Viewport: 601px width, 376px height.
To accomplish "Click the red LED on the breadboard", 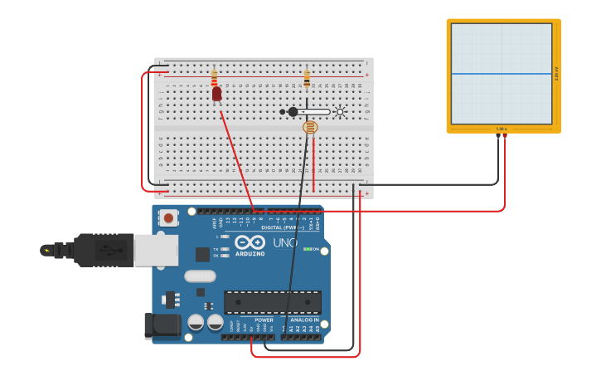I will tap(216, 94).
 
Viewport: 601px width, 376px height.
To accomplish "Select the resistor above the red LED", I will tap(215, 78).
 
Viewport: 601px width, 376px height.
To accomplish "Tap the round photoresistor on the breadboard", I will tap(310, 127).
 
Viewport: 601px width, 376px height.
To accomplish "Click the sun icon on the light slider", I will tap(340, 112).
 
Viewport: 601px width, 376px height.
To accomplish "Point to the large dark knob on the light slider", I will tap(293, 112).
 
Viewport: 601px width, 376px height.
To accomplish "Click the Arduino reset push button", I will tap(169, 218).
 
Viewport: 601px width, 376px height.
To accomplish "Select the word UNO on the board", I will tap(285, 242).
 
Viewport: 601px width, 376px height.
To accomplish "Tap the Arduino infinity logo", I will tap(250, 242).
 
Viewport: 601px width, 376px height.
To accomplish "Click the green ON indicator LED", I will tap(307, 249).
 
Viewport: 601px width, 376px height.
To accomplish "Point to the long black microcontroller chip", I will tap(272, 302).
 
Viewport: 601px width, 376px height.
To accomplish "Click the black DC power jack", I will tap(162, 325).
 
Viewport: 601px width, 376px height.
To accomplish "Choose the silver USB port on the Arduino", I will tap(156, 250).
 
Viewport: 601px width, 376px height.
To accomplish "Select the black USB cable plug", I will tap(103, 250).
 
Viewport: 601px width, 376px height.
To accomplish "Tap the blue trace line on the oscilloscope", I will tap(501, 74).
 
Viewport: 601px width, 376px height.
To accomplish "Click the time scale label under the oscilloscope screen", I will tap(502, 129).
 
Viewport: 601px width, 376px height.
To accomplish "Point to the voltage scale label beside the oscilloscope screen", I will tap(556, 74).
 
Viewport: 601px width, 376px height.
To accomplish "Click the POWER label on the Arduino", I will tap(264, 320).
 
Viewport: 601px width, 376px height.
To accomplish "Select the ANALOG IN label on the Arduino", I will tap(304, 320).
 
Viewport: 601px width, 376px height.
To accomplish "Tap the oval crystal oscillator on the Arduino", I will tap(200, 276).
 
